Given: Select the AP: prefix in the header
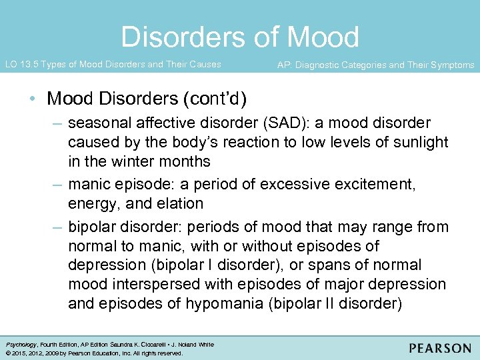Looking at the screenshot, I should (284, 65).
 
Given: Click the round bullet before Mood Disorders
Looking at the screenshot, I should (33, 99).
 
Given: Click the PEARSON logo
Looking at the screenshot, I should (440, 348).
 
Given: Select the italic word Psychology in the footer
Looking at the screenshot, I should (21, 345).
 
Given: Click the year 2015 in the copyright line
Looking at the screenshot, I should (19, 353).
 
